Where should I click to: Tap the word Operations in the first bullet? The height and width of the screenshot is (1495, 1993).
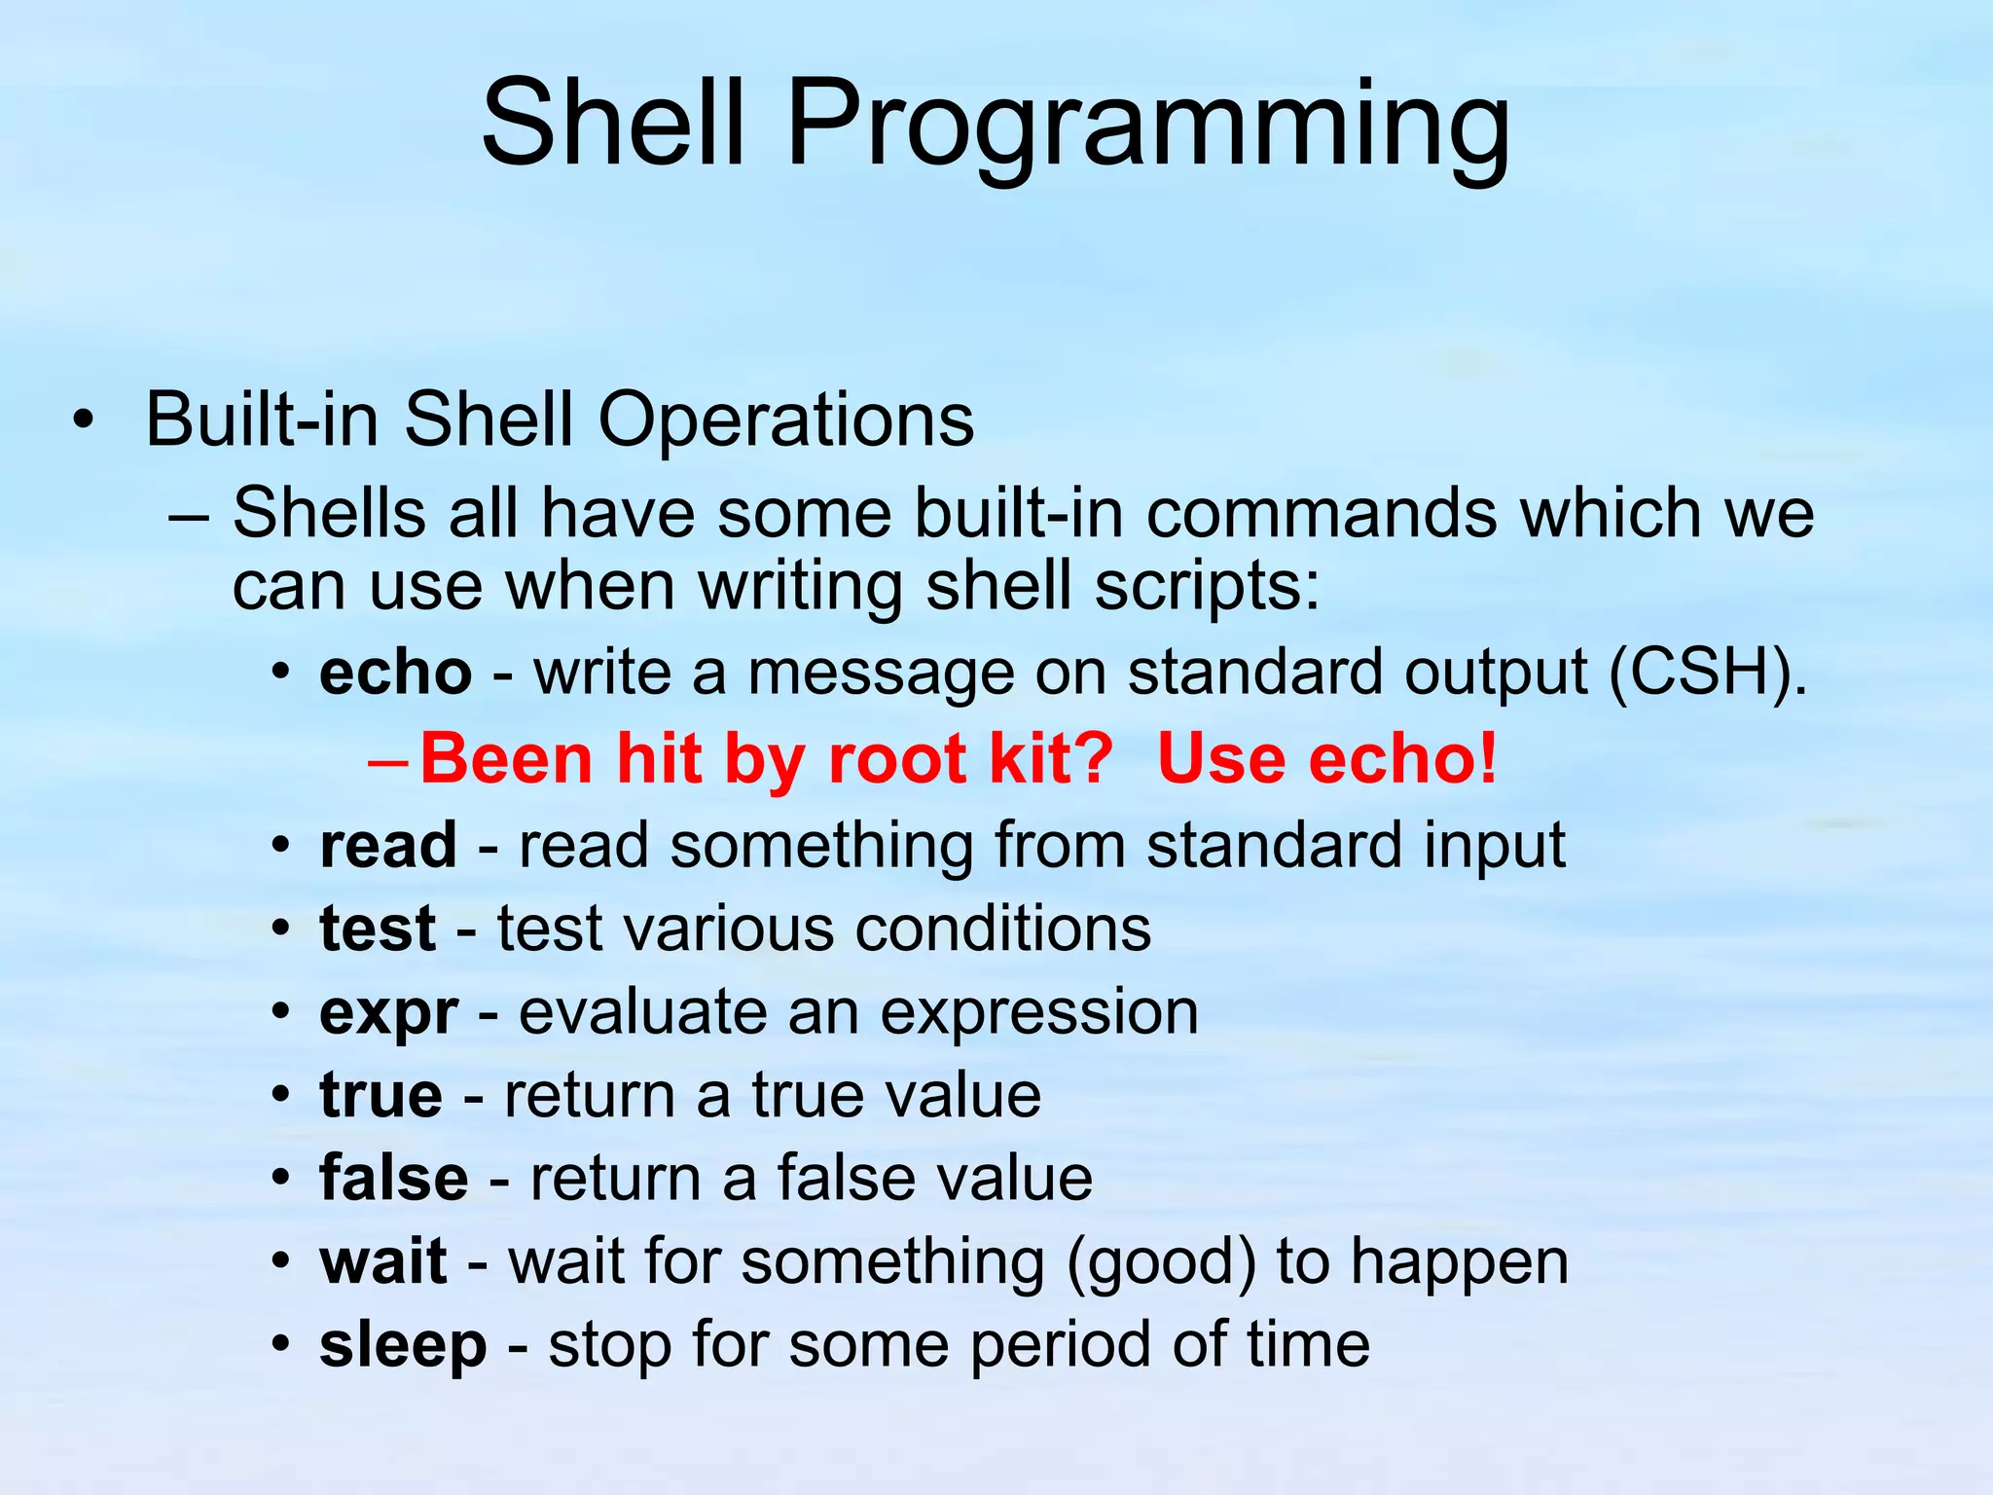tap(785, 420)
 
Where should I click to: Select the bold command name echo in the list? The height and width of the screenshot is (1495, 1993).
tap(395, 673)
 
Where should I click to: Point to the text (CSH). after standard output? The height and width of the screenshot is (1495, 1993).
tap(1707, 673)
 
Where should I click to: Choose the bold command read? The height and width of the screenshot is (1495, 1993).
tap(387, 845)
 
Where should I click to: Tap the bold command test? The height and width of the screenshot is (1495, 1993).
tap(378, 928)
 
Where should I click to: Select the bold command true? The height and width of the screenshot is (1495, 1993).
tap(380, 1095)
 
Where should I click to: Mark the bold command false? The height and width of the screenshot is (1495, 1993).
tap(394, 1178)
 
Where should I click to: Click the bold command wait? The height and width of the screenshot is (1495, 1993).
tap(383, 1261)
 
